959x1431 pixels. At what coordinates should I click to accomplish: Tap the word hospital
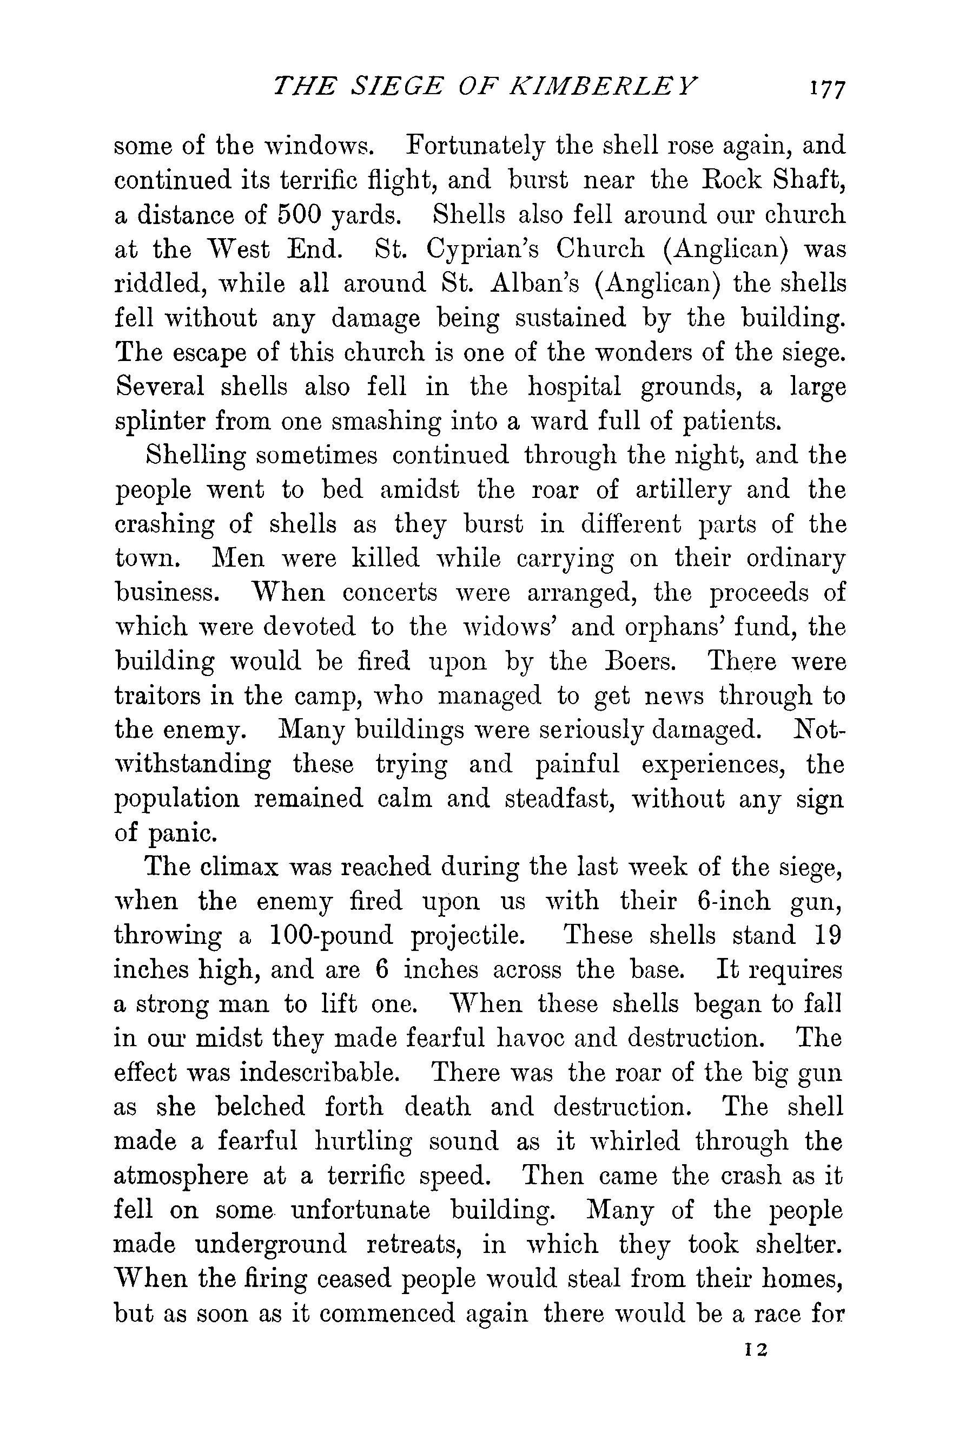point(574,388)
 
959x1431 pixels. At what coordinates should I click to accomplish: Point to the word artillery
point(683,490)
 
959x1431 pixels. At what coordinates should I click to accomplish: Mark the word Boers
point(638,662)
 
